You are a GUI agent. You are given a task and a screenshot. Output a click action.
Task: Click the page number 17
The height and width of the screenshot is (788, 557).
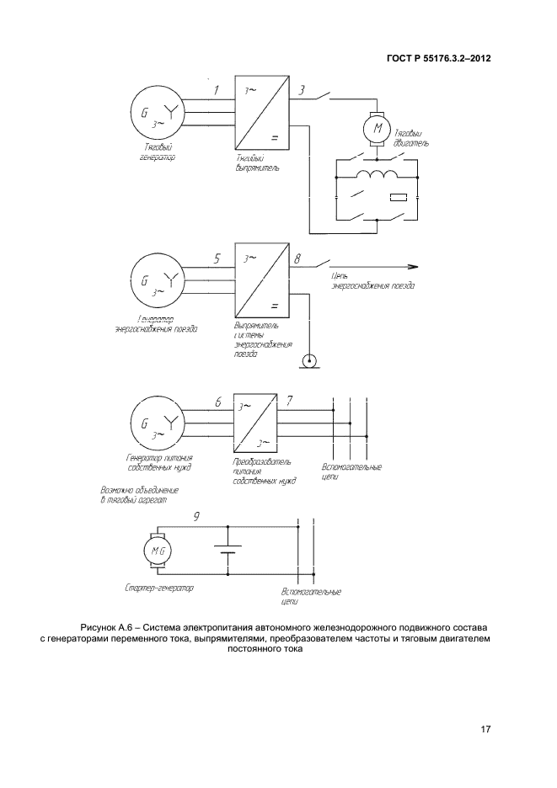(485, 728)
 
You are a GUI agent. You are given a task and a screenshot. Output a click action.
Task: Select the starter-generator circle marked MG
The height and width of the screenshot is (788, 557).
(160, 551)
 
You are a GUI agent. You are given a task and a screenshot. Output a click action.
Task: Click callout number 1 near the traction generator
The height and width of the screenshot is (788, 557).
(216, 89)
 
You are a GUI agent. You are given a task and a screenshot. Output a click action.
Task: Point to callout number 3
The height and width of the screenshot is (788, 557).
(303, 89)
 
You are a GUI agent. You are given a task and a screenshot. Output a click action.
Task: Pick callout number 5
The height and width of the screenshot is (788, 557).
(217, 259)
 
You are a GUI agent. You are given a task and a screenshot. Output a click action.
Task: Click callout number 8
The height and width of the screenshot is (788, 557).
(297, 259)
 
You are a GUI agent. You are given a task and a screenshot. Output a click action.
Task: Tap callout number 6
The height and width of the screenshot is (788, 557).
(217, 402)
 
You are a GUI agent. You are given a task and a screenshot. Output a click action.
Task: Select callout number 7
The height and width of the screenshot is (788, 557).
(291, 401)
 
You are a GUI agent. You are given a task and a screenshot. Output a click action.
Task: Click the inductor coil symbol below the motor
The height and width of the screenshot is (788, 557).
(378, 175)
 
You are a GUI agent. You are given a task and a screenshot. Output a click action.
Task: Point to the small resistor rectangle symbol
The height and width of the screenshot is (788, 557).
(399, 198)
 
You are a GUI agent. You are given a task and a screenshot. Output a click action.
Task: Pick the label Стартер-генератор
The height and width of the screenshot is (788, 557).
(158, 588)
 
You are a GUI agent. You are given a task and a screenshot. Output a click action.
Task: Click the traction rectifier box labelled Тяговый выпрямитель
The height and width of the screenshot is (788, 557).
(261, 114)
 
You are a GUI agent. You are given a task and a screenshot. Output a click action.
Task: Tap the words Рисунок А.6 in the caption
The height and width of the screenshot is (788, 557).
(105, 628)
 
